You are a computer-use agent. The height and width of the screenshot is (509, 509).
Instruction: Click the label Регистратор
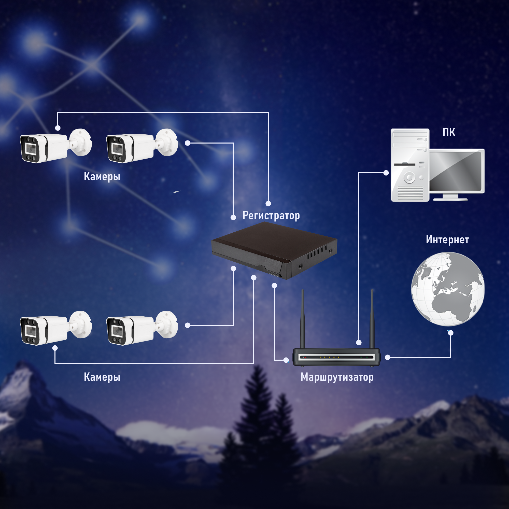point(271,216)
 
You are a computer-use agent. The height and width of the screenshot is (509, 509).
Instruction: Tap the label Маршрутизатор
point(337,377)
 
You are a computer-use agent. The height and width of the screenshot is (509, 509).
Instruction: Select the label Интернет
point(447,240)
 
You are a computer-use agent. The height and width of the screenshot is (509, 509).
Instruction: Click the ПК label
point(449,132)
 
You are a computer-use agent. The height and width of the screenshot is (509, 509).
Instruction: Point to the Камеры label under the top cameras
point(102,176)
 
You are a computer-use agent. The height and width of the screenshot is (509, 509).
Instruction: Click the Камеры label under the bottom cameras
point(102,377)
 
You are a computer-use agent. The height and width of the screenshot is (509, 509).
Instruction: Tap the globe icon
point(448,289)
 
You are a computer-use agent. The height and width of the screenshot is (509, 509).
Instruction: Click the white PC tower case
point(410,165)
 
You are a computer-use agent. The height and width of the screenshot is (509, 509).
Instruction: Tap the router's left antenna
point(303,319)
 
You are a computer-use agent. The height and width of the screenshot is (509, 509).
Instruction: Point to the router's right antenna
point(372,319)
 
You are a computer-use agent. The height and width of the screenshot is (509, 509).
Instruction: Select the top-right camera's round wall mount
point(167,142)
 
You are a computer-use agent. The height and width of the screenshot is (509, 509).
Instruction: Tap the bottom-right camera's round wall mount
point(167,324)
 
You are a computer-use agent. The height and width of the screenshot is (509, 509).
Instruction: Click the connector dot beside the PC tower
point(386,173)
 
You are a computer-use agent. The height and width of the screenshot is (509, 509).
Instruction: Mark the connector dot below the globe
point(451,333)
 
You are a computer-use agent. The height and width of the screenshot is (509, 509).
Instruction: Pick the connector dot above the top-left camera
point(58,128)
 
